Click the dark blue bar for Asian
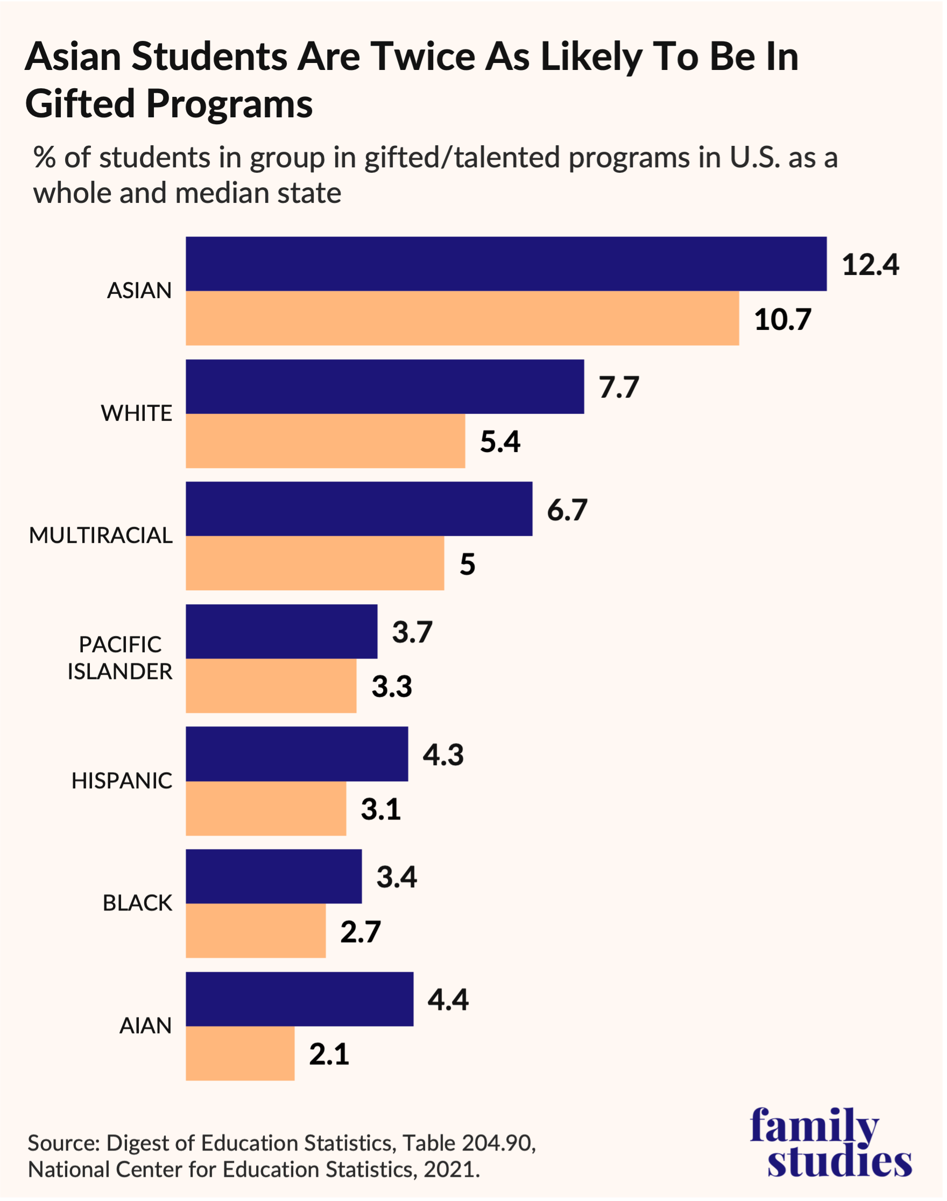(x=506, y=264)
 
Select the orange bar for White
(x=325, y=441)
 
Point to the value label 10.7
(x=782, y=320)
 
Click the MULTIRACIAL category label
(x=101, y=535)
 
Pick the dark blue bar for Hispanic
(x=296, y=754)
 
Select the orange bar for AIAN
(x=239, y=1054)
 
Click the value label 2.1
(x=329, y=1054)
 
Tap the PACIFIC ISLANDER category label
(x=120, y=658)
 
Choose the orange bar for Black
(x=256, y=931)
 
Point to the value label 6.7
(x=567, y=510)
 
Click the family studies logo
(x=831, y=1142)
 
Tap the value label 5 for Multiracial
(x=467, y=564)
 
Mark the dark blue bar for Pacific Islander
(x=281, y=632)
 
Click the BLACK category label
(x=137, y=903)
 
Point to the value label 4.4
(x=448, y=1000)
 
